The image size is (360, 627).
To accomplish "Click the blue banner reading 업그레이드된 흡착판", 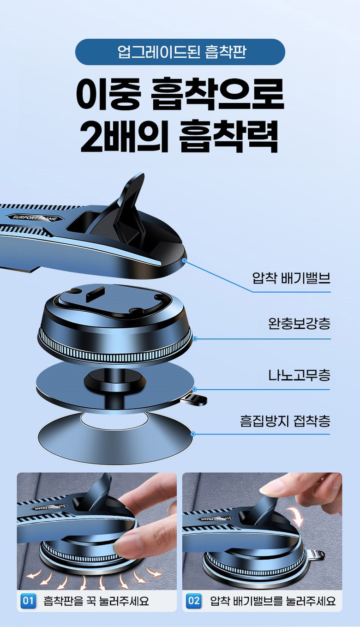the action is [x=180, y=52].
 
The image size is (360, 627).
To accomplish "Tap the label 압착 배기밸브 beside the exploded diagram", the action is [x=292, y=278].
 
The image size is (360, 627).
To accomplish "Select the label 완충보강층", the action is [x=299, y=323].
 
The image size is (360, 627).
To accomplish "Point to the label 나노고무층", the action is [x=299, y=375].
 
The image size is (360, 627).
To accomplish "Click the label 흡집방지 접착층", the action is [x=285, y=421].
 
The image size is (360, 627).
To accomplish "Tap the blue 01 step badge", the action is [x=28, y=601].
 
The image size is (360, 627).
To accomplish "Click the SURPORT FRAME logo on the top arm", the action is [x=35, y=217].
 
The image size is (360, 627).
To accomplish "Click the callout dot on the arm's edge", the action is [x=184, y=260].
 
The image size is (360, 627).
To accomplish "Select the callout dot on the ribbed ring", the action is [x=195, y=339].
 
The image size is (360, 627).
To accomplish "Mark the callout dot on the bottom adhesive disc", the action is [x=193, y=434].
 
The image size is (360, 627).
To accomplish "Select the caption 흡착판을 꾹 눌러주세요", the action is [x=96, y=601].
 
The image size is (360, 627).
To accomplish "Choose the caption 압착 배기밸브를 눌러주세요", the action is [x=273, y=601].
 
